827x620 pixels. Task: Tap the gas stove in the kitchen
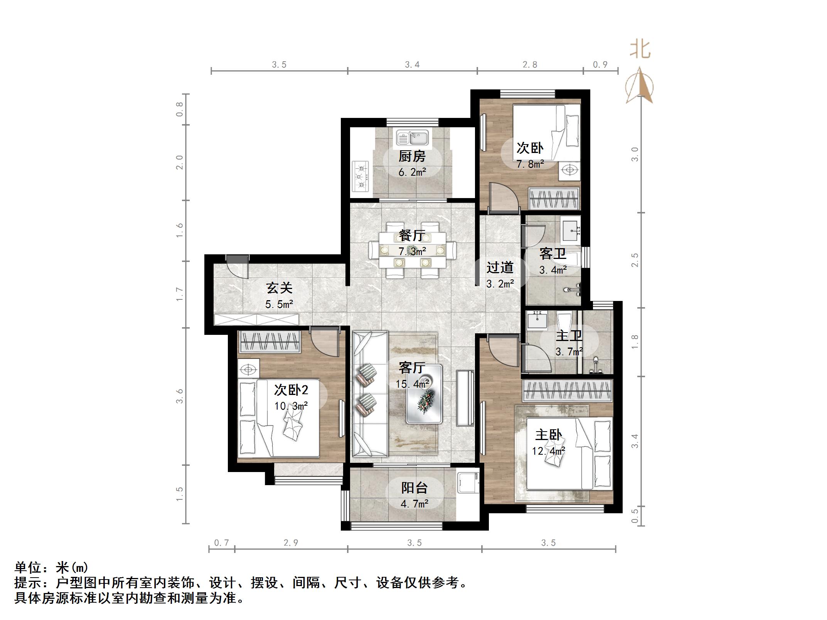(361, 177)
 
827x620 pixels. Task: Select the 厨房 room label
(412, 156)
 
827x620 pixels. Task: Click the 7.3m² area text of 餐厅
(412, 252)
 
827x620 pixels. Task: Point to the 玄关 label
(280, 288)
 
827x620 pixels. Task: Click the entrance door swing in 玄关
(236, 266)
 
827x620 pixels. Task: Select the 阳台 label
(414, 488)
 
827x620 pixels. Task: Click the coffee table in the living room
(424, 394)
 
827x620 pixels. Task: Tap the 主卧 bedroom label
(548, 435)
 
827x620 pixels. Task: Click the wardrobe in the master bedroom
(567, 390)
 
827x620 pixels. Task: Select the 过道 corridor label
(500, 267)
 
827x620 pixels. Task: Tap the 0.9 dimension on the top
(600, 65)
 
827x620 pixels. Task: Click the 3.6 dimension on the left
(179, 396)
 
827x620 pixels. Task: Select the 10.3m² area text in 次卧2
(291, 406)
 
